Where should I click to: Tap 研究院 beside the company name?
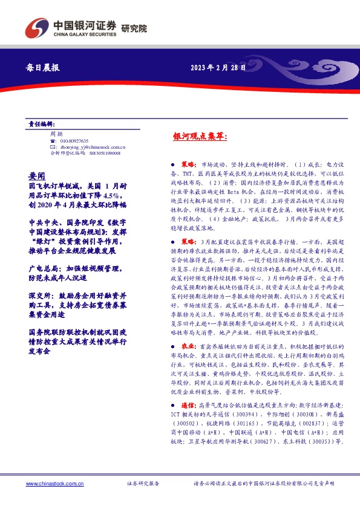pyautogui.click(x=134, y=28)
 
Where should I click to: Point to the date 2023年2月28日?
pyautogui.click(x=218, y=68)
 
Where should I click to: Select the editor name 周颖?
pyautogui.click(x=56, y=134)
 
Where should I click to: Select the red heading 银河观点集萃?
pyautogui.click(x=200, y=138)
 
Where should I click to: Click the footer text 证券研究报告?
pyautogui.click(x=143, y=484)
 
